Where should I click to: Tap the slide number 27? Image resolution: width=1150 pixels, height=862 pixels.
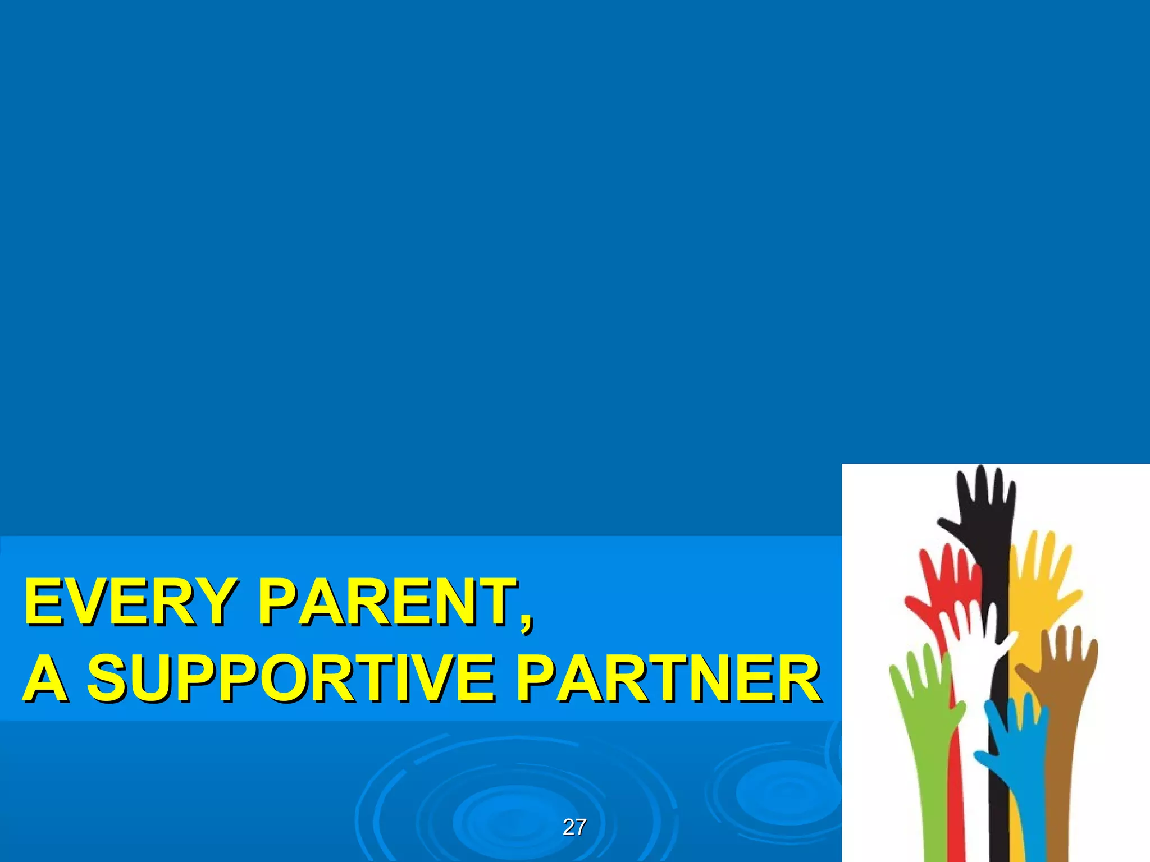pos(574,827)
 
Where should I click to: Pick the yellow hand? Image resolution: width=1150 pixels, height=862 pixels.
pos(1039,584)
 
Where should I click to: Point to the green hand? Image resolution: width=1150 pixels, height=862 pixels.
pos(921,690)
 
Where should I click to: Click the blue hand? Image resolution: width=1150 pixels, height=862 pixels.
pos(1016,741)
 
